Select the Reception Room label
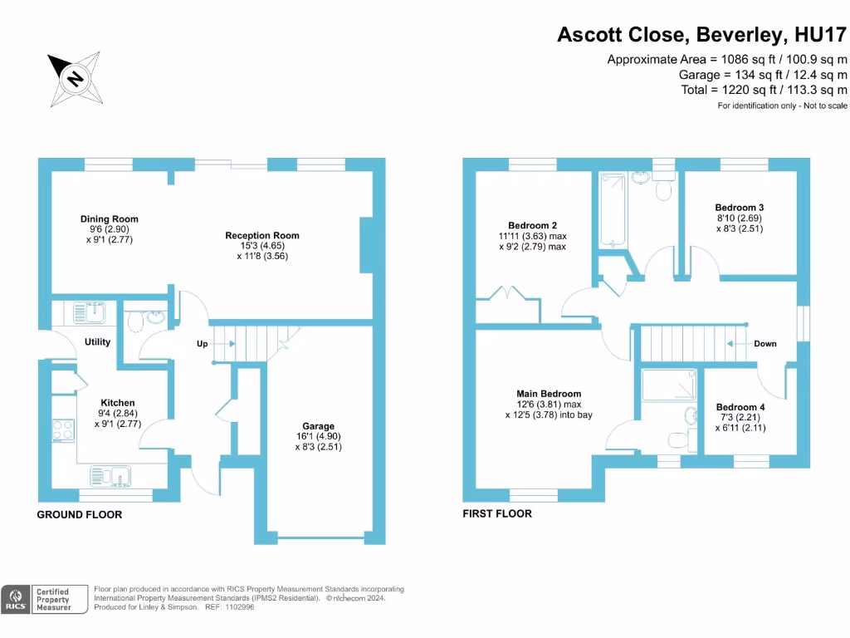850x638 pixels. pos(262,235)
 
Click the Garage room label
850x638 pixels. pos(319,426)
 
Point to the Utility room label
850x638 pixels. pos(96,342)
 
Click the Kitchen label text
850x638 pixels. pos(117,403)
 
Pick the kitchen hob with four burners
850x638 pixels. pos(63,430)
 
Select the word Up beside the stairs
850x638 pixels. pos(202,343)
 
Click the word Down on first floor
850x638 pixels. pos(765,343)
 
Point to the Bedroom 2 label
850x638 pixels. pos(532,225)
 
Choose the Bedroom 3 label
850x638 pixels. pos(739,208)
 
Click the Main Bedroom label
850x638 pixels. pos(548,394)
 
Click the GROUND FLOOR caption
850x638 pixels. pos(80,515)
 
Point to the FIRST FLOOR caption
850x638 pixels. pos(497,514)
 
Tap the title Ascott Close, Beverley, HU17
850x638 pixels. pos(702,35)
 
